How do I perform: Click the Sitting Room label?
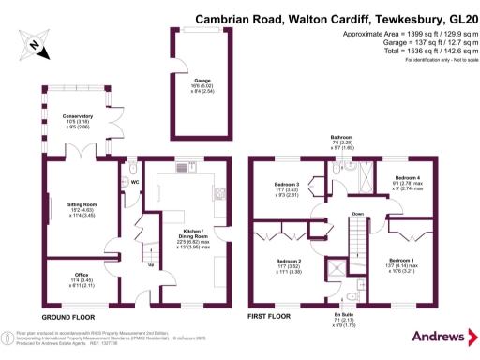(83, 202)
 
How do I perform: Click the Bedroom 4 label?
(406, 177)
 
